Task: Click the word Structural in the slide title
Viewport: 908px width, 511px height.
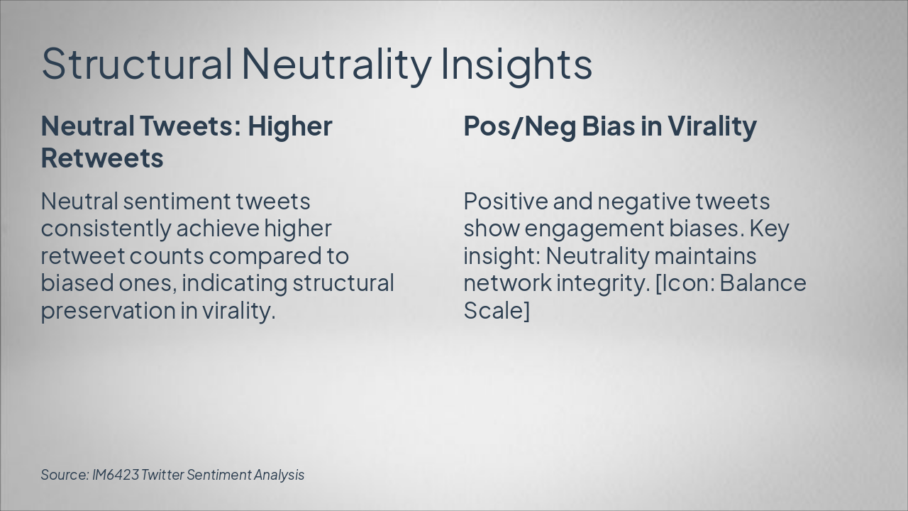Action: click(x=136, y=63)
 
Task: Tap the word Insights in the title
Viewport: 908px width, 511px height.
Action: click(x=516, y=63)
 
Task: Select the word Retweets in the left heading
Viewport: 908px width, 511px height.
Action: click(x=102, y=158)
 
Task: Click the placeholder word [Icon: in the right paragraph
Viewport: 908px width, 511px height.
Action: click(x=684, y=283)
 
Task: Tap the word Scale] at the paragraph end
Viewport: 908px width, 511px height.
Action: click(x=497, y=311)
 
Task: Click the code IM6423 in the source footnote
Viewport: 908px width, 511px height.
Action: click(x=115, y=475)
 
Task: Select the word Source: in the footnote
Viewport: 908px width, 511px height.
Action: click(x=65, y=475)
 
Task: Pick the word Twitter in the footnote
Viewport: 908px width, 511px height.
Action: click(x=162, y=475)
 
